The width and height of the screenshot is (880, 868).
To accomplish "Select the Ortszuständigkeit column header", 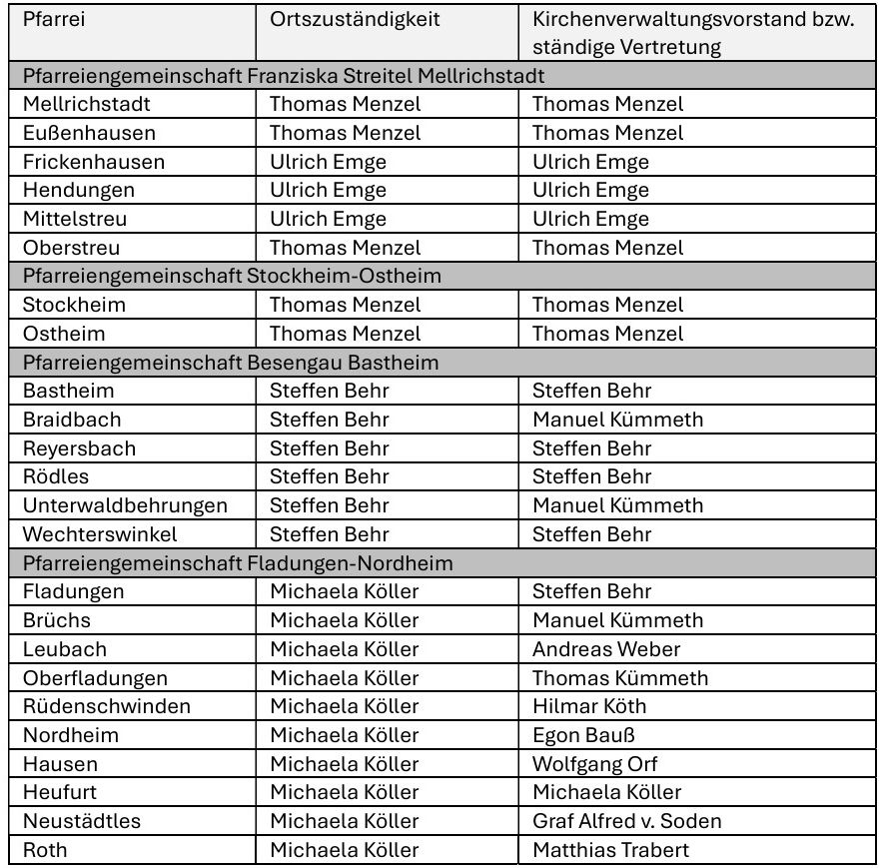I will click(x=355, y=20).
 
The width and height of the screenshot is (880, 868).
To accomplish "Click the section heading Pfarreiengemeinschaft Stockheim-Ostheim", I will click(x=232, y=276).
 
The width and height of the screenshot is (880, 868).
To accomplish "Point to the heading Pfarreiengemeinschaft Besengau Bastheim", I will click(x=231, y=363).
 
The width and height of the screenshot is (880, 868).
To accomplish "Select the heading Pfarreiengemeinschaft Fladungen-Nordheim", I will click(x=238, y=563).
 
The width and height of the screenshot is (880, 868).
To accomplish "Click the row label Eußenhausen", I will click(x=89, y=133).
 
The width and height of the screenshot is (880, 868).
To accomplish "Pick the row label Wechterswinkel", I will click(x=100, y=534).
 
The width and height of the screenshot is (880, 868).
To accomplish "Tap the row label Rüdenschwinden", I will click(x=106, y=706).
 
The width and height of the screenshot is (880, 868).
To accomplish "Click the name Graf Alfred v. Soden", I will click(x=626, y=821).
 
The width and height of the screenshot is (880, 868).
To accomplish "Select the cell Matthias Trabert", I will click(x=610, y=850).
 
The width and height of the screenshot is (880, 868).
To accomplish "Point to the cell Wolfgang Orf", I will click(x=594, y=764).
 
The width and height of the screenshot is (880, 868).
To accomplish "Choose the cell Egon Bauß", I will click(x=583, y=735).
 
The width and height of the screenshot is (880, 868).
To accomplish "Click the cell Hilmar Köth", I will click(x=589, y=706).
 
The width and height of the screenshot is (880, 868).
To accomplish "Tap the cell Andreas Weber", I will click(x=606, y=649).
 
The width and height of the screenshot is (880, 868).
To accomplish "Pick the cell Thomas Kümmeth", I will click(x=620, y=678).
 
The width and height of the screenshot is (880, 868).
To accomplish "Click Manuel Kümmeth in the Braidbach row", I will click(x=617, y=420).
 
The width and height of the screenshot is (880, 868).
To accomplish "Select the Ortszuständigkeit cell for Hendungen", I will click(x=328, y=190).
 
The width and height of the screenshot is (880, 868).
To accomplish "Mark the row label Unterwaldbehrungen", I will click(x=125, y=505).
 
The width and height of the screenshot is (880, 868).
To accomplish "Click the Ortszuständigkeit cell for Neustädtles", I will click(x=345, y=821).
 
